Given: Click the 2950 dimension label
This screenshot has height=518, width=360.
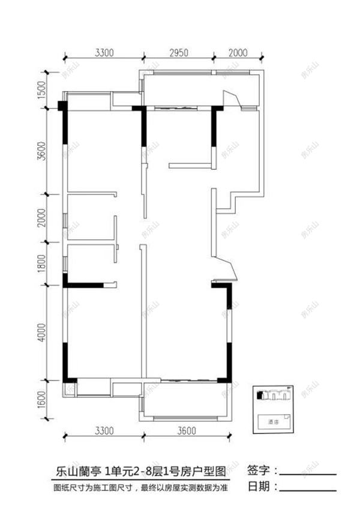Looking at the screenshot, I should coord(178,52).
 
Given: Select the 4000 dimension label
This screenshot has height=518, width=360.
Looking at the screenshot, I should coord(41,334).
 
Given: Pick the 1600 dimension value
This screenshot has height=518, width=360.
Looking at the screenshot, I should coord(41,399).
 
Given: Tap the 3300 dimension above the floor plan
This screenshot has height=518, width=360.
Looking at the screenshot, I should coord(103,52).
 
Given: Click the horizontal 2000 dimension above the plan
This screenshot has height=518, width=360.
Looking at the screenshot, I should coord(238,52).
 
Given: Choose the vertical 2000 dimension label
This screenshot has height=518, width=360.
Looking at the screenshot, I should coord(41,218).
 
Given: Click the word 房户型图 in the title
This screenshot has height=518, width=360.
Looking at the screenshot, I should coord(201,470).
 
